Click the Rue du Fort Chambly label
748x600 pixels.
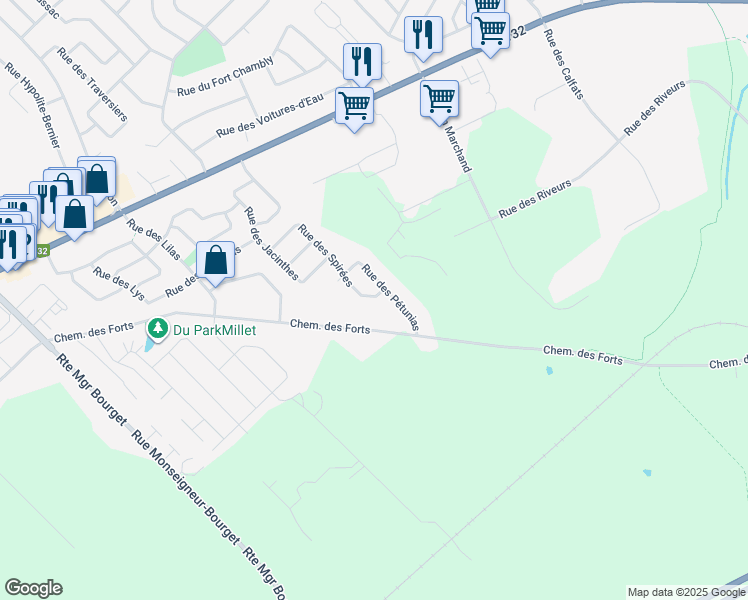click(224, 76)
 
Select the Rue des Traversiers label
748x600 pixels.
click(92, 84)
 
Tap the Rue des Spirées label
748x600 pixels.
click(325, 257)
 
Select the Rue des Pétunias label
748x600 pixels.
click(390, 298)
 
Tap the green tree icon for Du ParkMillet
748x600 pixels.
click(157, 327)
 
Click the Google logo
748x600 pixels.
click(33, 588)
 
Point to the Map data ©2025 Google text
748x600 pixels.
click(686, 592)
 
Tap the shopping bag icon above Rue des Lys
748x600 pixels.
click(215, 261)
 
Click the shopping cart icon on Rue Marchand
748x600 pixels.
click(439, 99)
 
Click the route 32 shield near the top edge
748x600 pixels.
click(516, 33)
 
